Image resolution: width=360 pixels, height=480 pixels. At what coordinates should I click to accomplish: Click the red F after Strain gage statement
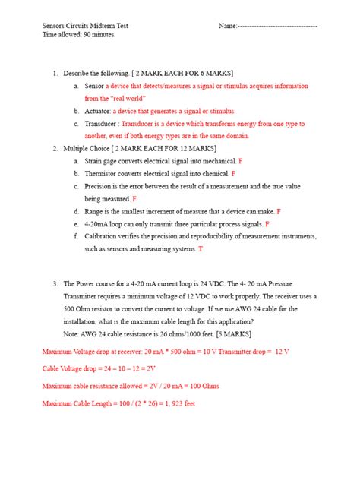pos(241,161)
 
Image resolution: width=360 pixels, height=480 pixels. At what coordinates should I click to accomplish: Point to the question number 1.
pos(55,74)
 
